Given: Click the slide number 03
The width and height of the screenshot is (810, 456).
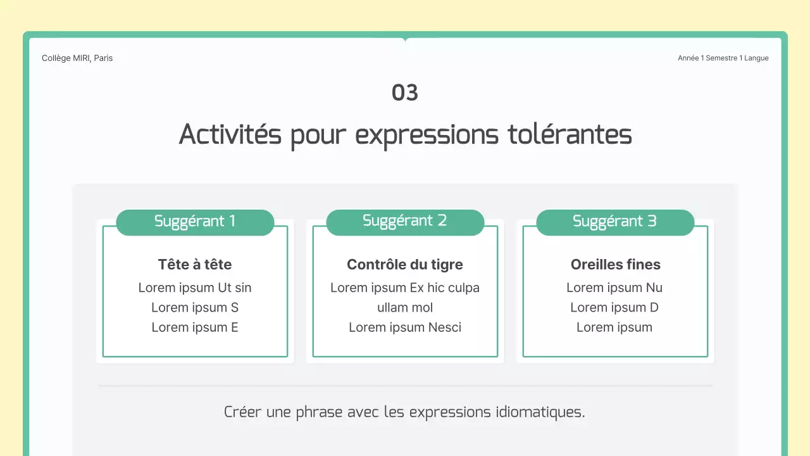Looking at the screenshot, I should (x=405, y=92).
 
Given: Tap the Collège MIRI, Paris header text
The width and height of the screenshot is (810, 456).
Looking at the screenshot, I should (x=77, y=58).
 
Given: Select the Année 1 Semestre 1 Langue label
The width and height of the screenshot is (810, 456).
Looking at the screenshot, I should (x=723, y=58).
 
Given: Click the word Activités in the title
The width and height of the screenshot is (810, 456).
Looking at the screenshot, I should (x=230, y=134).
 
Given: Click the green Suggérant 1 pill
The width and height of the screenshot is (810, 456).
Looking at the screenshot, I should (x=195, y=222).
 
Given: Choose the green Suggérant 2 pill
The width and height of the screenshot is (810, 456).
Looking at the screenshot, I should (x=405, y=221).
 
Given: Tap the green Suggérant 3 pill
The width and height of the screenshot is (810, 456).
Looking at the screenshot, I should (x=615, y=222).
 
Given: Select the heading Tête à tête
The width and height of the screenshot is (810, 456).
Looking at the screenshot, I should (x=195, y=265).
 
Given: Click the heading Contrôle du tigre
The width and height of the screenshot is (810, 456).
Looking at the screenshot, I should (x=405, y=265).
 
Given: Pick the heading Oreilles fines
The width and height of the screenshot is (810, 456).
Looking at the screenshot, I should (x=615, y=265).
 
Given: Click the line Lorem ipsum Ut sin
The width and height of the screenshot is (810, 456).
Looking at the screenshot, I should (x=195, y=288).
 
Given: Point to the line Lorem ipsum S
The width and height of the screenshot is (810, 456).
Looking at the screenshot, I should (x=195, y=308).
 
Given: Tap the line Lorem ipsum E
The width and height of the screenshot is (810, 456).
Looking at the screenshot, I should (x=195, y=327).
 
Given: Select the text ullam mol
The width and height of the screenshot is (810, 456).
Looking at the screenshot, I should (x=405, y=308).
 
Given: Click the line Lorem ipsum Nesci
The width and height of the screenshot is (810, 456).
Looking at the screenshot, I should (x=405, y=327).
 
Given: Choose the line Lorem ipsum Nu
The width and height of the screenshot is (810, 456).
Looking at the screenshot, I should (x=614, y=288).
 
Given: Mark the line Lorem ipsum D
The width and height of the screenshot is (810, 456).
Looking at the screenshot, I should (x=614, y=308).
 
